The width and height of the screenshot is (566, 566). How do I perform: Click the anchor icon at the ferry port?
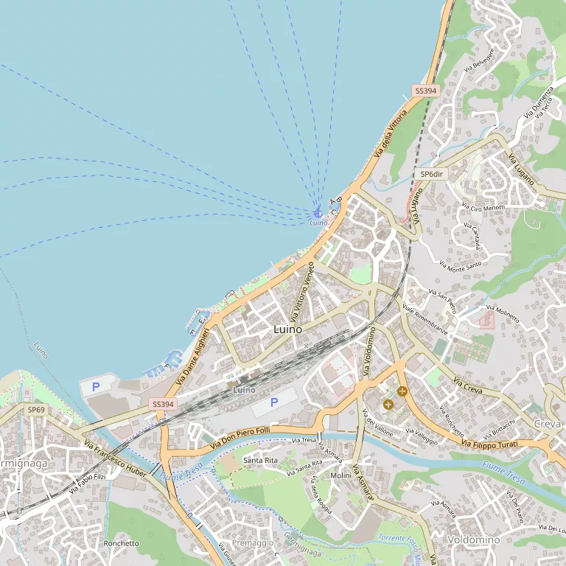pos(318,212)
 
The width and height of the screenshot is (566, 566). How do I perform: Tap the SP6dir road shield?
pos(431,174)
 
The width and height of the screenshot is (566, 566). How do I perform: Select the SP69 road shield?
pos(36,409)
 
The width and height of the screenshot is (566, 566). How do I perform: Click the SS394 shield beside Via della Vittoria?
pos(425,91)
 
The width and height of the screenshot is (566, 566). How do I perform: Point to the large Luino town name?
pos(287,329)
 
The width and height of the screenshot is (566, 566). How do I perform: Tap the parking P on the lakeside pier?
pos(96,386)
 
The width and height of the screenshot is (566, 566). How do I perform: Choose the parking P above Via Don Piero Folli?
pos(274,402)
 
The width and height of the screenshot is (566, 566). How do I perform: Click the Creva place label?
pos(548,424)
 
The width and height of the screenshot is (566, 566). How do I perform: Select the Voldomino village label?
pos(474,540)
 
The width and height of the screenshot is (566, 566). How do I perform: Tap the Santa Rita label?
pos(261,460)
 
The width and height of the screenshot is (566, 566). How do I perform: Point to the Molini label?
pos(340,476)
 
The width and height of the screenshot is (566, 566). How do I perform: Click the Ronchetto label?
pos(122,543)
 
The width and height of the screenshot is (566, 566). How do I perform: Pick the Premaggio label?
pos(252,542)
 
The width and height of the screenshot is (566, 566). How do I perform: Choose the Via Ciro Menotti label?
pos(483,207)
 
